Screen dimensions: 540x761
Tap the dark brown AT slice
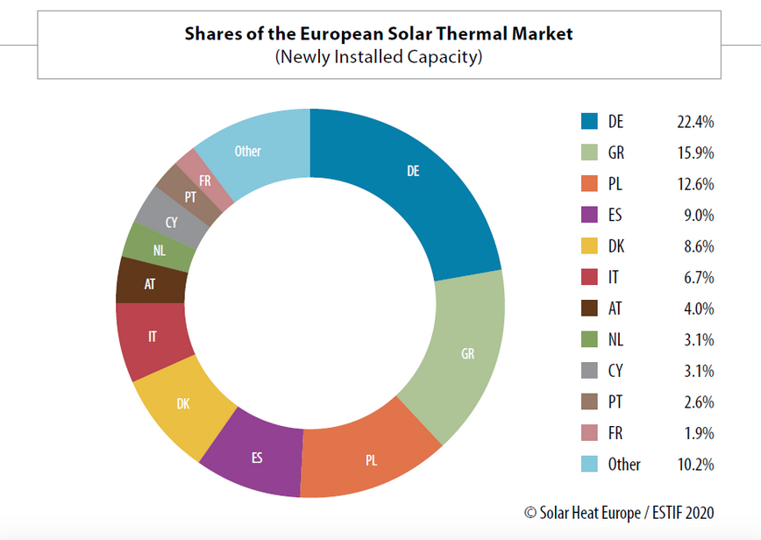pyautogui.click(x=151, y=282)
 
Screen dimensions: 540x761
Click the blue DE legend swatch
pyautogui.click(x=589, y=122)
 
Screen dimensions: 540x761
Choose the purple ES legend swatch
pyautogui.click(x=589, y=215)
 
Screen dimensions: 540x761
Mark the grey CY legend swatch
pyautogui.click(x=589, y=371)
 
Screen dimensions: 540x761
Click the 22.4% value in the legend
pyautogui.click(x=694, y=122)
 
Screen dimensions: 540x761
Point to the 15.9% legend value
pyautogui.click(x=694, y=153)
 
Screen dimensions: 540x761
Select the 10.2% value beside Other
pyautogui.click(x=694, y=465)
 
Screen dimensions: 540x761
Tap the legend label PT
pyautogui.click(x=616, y=402)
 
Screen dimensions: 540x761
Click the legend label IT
pyautogui.click(x=615, y=278)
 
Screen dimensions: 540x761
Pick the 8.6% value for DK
pyautogui.click(x=697, y=246)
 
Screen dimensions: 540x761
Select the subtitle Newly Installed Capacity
pyautogui.click(x=379, y=57)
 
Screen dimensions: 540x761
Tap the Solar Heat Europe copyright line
pyautogui.click(x=618, y=512)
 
